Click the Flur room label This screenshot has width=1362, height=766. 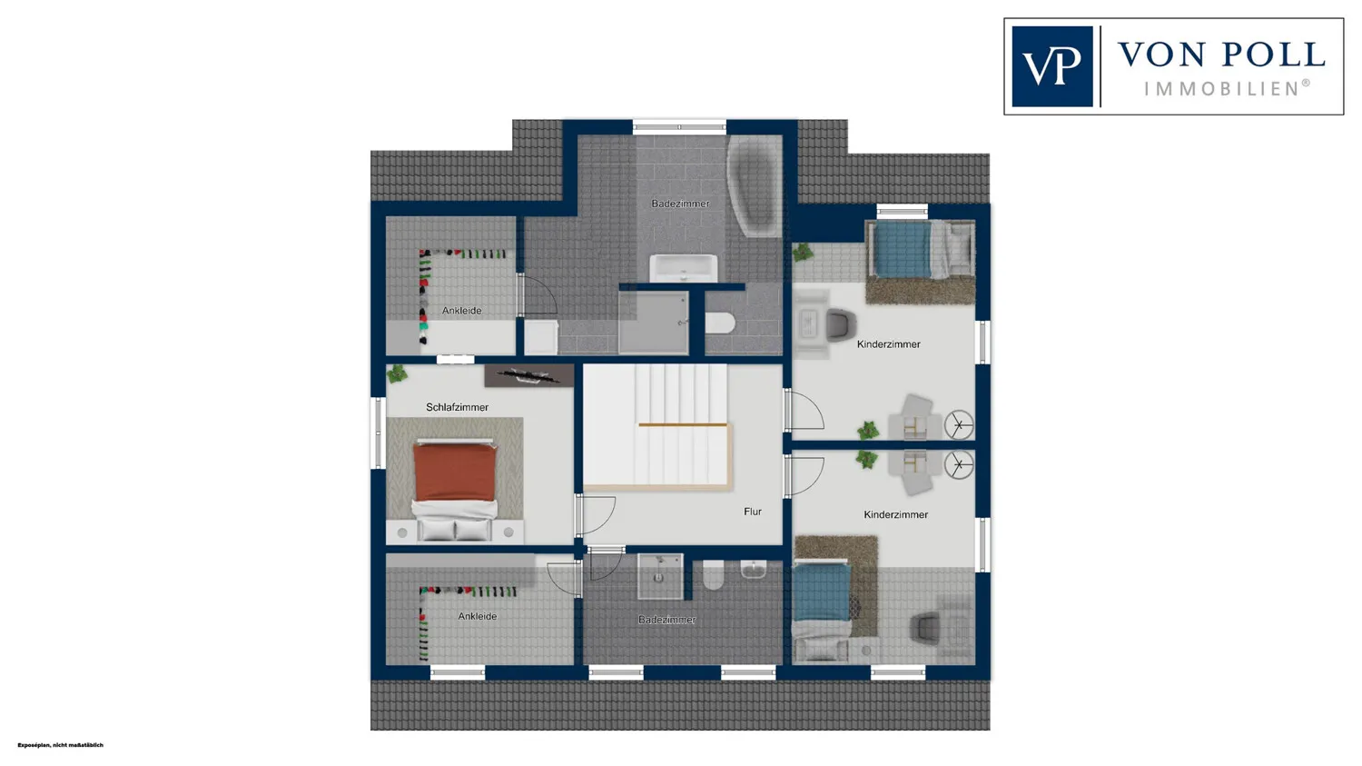(752, 512)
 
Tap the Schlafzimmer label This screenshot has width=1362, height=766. (457, 407)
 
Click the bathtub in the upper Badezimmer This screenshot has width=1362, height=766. (754, 185)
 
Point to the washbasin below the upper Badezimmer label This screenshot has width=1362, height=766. (684, 268)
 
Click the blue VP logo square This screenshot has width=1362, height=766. (1051, 66)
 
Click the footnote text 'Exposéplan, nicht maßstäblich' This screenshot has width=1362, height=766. (60, 745)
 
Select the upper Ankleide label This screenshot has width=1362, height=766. (461, 310)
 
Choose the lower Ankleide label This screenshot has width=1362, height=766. (478, 616)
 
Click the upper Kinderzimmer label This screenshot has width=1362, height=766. (888, 344)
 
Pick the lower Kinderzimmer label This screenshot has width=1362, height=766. (895, 514)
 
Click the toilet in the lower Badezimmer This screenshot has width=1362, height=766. (713, 575)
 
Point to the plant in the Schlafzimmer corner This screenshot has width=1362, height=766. (397, 373)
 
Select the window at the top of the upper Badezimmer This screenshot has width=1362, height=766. (679, 127)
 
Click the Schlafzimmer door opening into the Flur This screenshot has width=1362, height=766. (596, 515)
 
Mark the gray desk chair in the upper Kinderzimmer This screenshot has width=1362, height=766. (841, 324)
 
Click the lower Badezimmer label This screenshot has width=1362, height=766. (666, 620)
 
